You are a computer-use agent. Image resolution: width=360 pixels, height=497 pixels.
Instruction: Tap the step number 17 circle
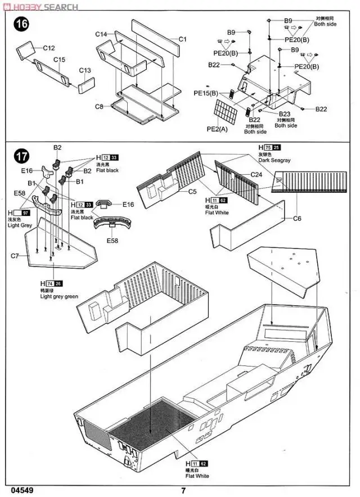point(21,155)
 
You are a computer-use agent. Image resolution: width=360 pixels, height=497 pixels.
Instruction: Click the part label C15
point(60,60)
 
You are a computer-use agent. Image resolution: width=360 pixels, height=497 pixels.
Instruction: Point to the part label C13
point(85,70)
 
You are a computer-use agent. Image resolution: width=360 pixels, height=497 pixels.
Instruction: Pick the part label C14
point(101,35)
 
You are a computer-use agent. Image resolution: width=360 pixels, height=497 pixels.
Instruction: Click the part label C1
point(182,39)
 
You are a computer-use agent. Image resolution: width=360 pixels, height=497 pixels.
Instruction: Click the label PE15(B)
point(205,93)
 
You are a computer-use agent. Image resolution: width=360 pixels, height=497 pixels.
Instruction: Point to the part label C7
point(15,256)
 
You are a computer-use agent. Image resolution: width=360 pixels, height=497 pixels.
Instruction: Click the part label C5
point(192,191)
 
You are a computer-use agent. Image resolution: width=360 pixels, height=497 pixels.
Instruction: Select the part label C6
point(297,218)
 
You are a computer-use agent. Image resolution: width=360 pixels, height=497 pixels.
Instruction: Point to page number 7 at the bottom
point(183,489)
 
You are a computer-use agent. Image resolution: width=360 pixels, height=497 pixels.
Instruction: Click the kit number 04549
point(21,489)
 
